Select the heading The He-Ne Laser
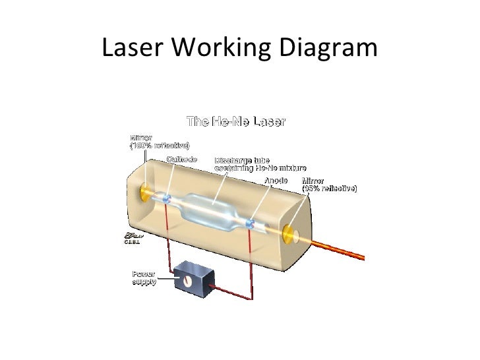(x=236, y=121)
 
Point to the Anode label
(x=276, y=180)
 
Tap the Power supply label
(x=144, y=278)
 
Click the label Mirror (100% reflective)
(x=158, y=140)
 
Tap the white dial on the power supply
(x=187, y=282)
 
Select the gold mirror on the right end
(x=289, y=233)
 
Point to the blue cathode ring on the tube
(x=167, y=198)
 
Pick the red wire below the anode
(x=250, y=264)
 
